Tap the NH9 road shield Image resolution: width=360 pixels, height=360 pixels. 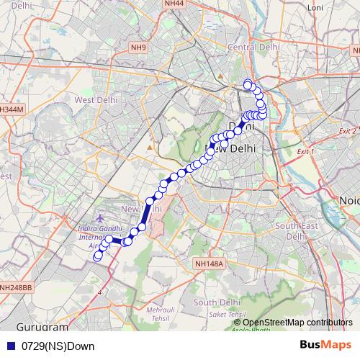pos(138,48)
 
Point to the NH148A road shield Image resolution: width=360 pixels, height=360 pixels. pos(210,265)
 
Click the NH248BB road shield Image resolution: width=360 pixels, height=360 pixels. pos(17,288)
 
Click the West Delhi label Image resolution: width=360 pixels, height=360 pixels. pos(96,99)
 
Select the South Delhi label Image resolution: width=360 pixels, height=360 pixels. pos(216,302)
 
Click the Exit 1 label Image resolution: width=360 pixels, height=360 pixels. pos(306,153)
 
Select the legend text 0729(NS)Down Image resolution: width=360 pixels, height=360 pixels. pos(58,346)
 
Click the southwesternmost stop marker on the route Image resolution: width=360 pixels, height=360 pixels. pos(98,256)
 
